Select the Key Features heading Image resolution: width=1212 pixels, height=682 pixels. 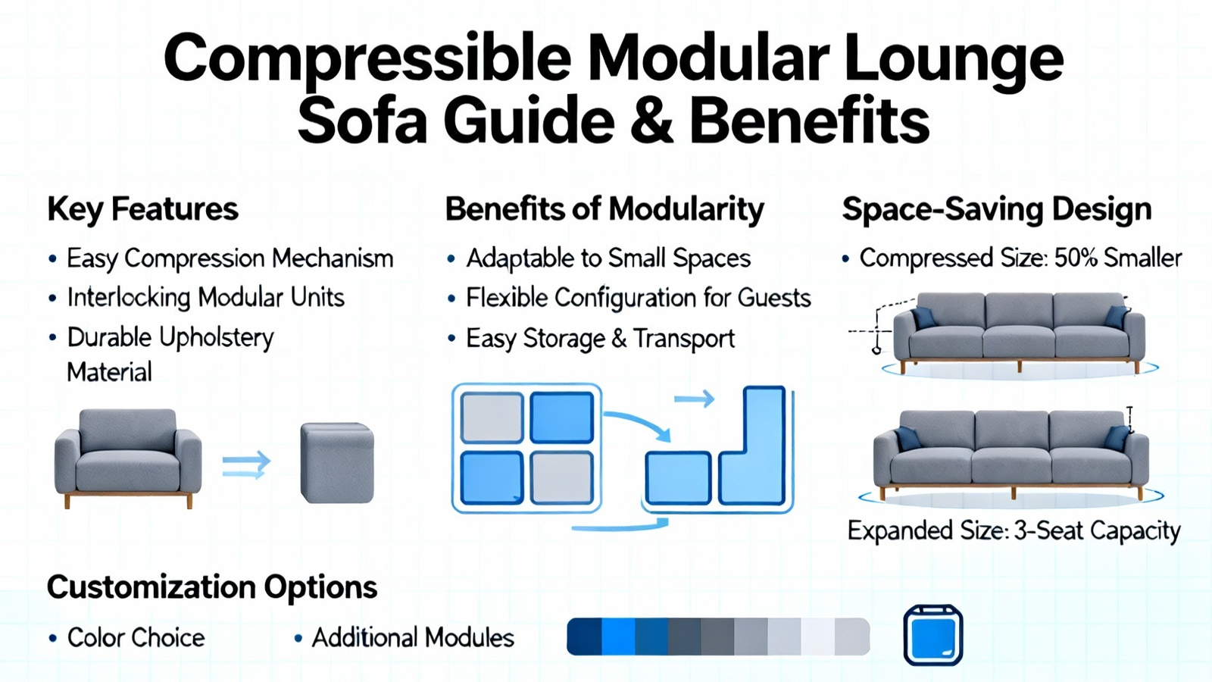click(143, 210)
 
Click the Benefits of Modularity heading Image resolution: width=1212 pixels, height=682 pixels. click(604, 209)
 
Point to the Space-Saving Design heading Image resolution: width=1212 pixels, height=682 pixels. click(997, 209)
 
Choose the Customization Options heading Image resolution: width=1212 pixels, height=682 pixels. click(212, 587)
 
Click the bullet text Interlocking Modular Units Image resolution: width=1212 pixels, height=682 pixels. click(205, 297)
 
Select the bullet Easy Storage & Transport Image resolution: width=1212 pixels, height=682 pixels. click(601, 339)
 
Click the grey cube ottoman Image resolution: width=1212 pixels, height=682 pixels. click(337, 463)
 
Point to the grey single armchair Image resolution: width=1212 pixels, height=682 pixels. click(128, 458)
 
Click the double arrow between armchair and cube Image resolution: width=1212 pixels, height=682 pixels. click(246, 465)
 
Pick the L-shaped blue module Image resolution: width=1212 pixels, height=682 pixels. click(753, 446)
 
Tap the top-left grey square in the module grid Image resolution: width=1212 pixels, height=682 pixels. click(492, 418)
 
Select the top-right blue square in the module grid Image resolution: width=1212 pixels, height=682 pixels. click(561, 418)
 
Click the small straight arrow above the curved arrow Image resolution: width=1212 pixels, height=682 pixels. click(694, 399)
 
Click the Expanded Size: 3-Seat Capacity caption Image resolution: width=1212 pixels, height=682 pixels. click(1014, 530)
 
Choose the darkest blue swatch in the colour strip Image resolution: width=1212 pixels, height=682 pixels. click(584, 637)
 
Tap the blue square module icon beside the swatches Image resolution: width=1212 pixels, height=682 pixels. click(933, 635)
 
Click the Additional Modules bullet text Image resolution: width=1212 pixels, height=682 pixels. click(413, 637)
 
